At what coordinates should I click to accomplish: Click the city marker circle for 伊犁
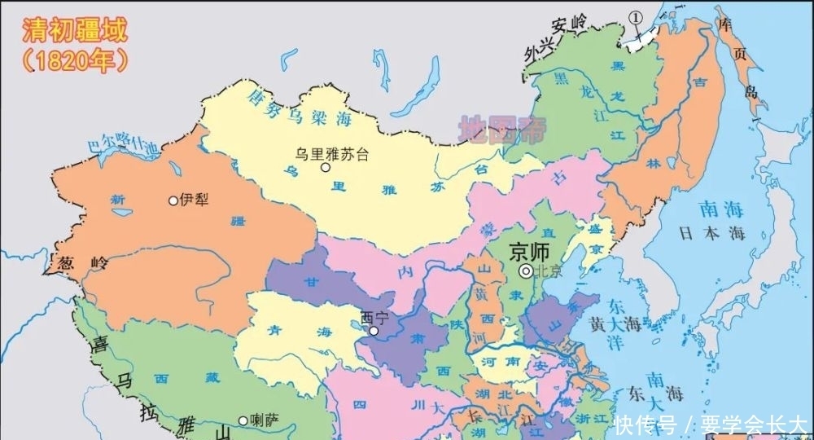pos(173,200)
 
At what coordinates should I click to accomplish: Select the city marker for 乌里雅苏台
pos(326,168)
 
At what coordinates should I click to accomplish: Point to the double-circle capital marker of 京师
pos(527,271)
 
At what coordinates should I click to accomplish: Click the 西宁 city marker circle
pos(374,331)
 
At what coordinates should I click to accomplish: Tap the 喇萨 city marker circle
pos(243,420)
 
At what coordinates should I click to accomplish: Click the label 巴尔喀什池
pos(122,147)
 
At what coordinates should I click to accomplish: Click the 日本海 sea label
pos(712,233)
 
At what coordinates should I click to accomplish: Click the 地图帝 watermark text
pos(503,130)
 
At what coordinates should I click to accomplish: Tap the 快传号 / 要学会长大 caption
pos(710,425)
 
